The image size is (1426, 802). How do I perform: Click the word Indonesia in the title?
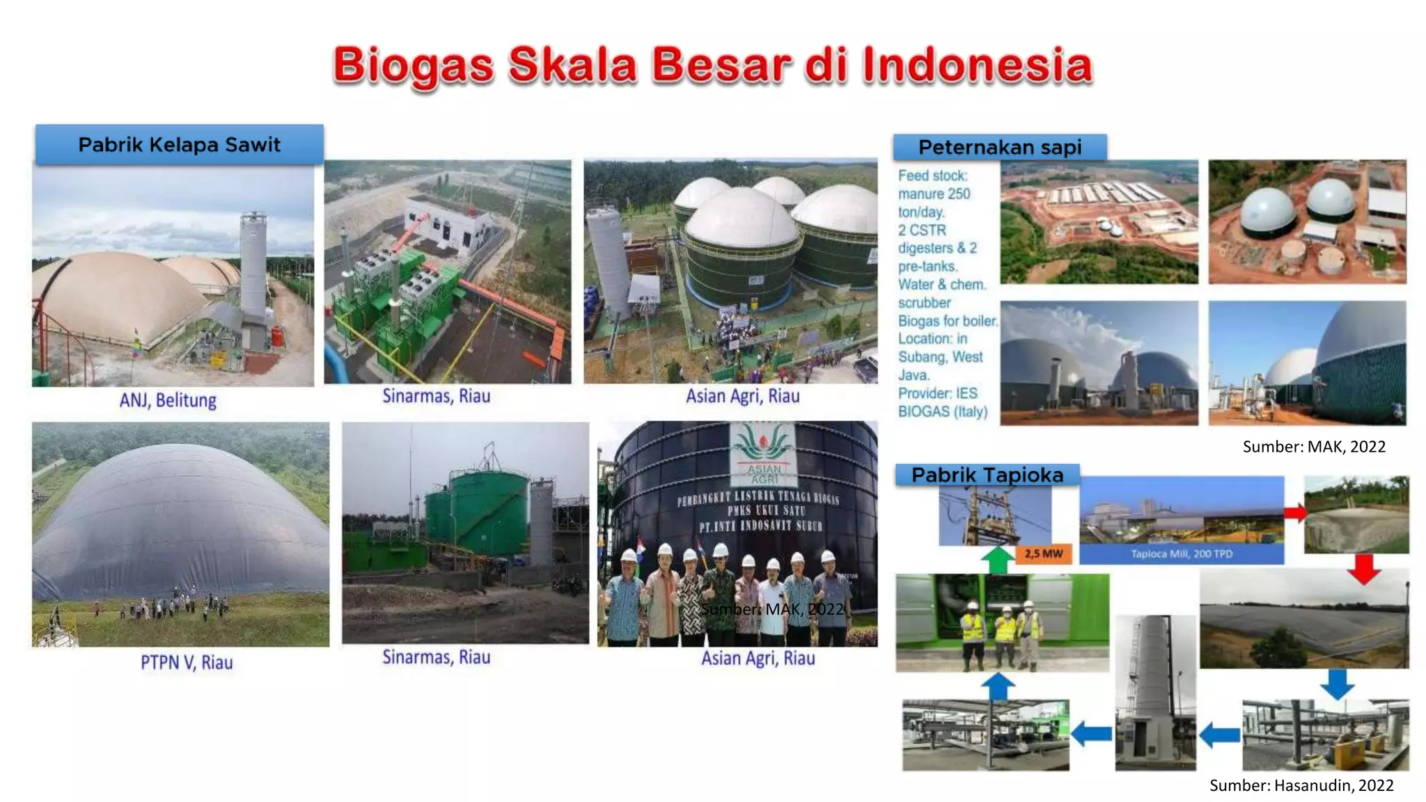pos(977,65)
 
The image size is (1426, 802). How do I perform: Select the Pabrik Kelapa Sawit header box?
pos(179,145)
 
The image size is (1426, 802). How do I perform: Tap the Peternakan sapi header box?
pos(999,148)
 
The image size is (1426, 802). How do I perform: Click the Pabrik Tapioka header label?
pos(987,475)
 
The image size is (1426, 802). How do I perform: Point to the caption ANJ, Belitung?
pos(168,400)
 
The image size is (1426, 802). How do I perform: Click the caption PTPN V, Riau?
pos(187,662)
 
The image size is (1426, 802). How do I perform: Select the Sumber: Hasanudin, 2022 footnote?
pos(1301,785)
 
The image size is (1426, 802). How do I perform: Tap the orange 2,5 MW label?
pos(1043,553)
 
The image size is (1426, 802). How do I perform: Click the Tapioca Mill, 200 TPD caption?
pos(1181,554)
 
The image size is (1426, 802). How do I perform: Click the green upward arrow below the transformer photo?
pos(998,560)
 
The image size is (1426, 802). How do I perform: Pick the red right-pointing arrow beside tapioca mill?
pos(1294,514)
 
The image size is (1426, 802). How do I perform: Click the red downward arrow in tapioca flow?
pos(1363,569)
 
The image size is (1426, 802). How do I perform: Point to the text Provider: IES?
pos(937,393)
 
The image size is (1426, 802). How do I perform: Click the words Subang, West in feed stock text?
pos(940,357)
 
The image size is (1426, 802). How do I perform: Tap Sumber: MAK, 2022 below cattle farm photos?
pos(1313,447)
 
